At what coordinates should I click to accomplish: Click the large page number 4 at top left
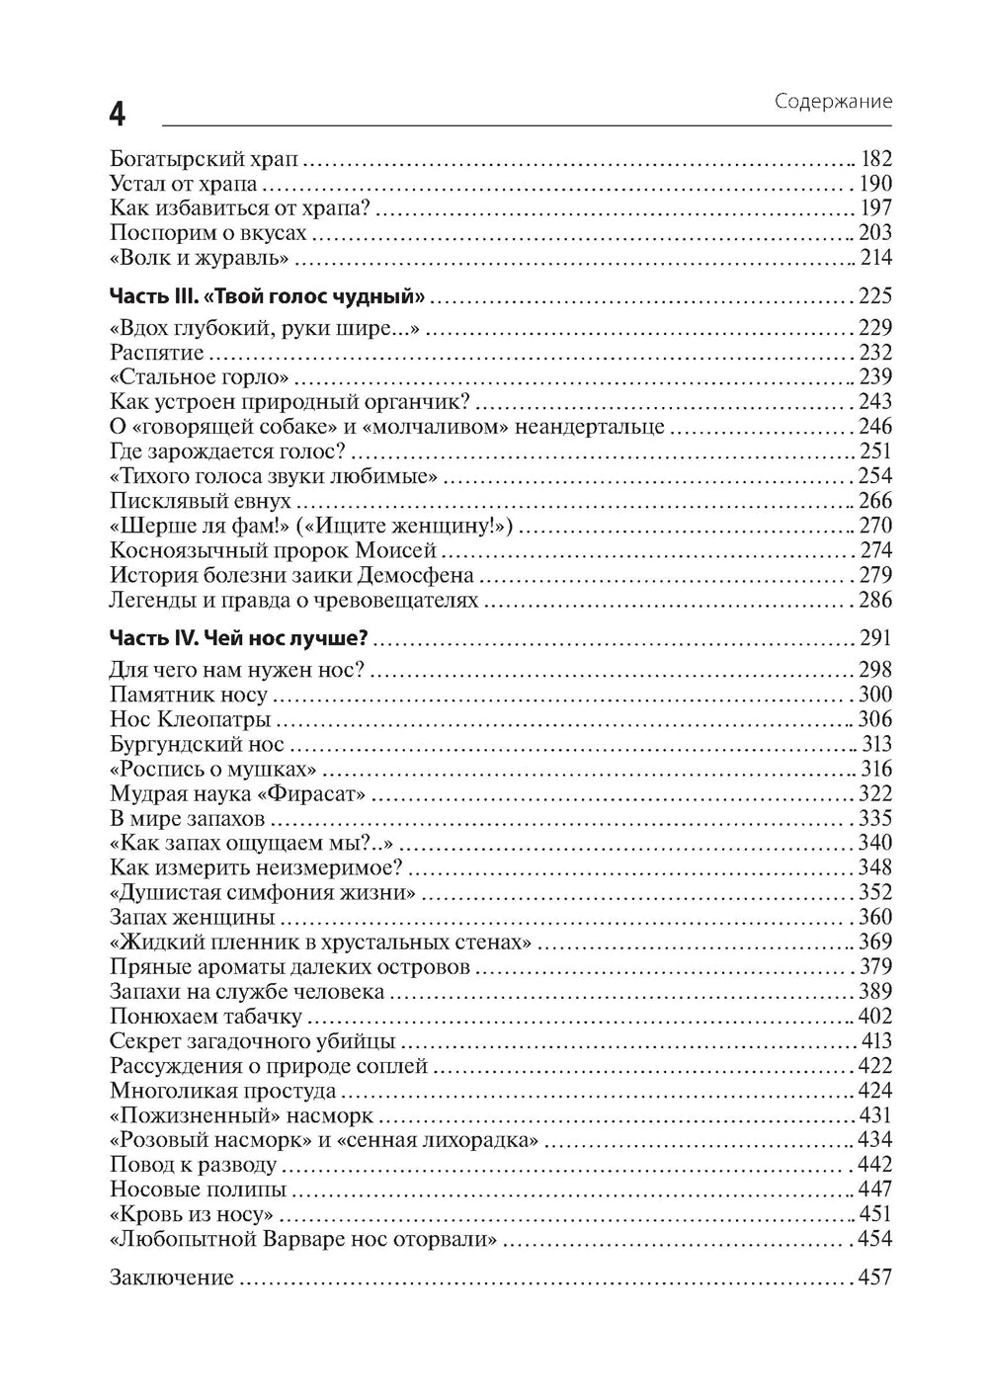click(x=117, y=115)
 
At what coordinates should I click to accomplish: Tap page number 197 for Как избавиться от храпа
click(x=875, y=207)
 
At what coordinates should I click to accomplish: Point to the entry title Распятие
click(x=157, y=353)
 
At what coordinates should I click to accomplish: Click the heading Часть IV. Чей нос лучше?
click(x=244, y=637)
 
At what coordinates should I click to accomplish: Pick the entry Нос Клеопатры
click(x=190, y=719)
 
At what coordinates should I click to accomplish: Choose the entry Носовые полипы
click(x=199, y=1190)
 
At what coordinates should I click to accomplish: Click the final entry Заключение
click(x=172, y=1277)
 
